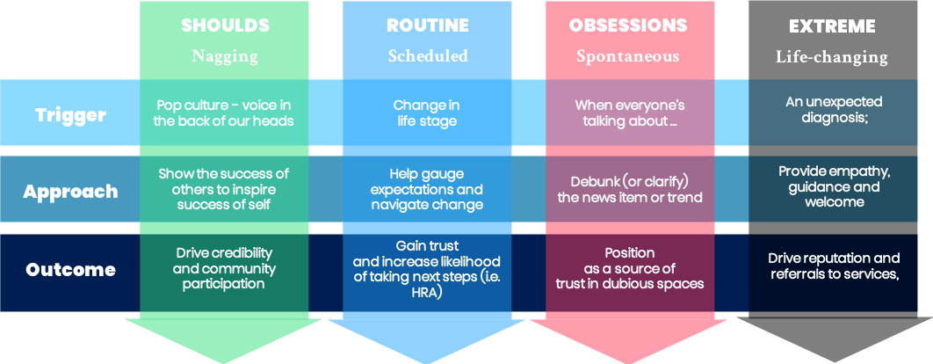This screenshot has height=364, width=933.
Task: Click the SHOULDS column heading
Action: [224, 26]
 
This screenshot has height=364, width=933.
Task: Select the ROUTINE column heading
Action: [428, 26]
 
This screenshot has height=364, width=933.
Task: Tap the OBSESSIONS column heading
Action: [629, 26]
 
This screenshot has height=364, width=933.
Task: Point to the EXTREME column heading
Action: [832, 27]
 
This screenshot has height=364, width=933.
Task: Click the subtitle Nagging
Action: [225, 56]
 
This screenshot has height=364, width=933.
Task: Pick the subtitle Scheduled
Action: [428, 56]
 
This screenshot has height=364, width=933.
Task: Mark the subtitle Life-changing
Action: [831, 57]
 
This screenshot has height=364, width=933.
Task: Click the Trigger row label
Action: [70, 114]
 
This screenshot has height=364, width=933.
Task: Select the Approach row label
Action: [70, 193]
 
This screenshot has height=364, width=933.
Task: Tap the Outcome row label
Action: [70, 270]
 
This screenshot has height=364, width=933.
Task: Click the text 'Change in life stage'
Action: [425, 113]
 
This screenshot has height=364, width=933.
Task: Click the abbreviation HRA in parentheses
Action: [426, 292]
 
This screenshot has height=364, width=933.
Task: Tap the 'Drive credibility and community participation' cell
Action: [226, 268]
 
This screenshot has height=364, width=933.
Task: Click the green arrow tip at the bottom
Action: [224, 347]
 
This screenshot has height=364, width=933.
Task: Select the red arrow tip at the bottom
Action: [629, 347]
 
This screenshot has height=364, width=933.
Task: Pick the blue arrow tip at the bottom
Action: [427, 347]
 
